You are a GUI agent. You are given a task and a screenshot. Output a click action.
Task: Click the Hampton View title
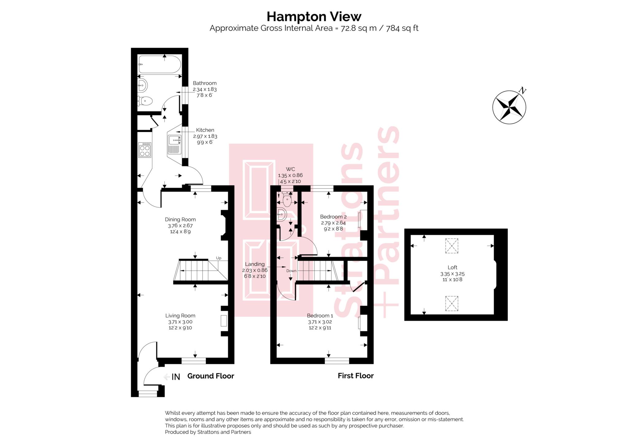[x=314, y=17]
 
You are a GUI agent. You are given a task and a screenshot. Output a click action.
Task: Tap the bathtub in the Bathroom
[x=159, y=64]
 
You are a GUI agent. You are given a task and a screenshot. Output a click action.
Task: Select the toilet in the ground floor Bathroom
[x=145, y=101]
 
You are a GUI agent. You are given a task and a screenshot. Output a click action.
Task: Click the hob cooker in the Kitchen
[x=145, y=150]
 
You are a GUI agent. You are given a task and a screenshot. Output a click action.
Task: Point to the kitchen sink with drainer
[x=174, y=144]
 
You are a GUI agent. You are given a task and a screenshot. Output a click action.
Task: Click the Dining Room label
[x=180, y=219]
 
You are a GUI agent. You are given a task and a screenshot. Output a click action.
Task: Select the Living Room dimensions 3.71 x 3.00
[x=180, y=322]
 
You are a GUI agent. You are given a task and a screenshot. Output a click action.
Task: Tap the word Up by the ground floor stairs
[x=219, y=258]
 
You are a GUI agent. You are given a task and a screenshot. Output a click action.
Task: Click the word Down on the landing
[x=291, y=271]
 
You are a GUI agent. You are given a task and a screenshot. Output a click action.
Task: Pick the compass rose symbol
[x=509, y=107]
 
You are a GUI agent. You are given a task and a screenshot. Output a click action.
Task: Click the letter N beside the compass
[x=523, y=91]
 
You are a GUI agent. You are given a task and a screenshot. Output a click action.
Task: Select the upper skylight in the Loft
[x=451, y=246]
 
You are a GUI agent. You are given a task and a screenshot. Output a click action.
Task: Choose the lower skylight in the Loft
[x=451, y=303]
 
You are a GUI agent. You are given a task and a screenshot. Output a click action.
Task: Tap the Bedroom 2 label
[x=333, y=217]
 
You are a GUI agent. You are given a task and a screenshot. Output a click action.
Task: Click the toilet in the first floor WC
[x=287, y=200]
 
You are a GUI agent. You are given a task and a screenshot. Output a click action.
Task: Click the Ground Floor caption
[x=211, y=376]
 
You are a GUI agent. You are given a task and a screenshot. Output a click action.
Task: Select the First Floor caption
[x=355, y=376]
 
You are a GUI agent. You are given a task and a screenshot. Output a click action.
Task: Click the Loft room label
[x=452, y=267]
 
